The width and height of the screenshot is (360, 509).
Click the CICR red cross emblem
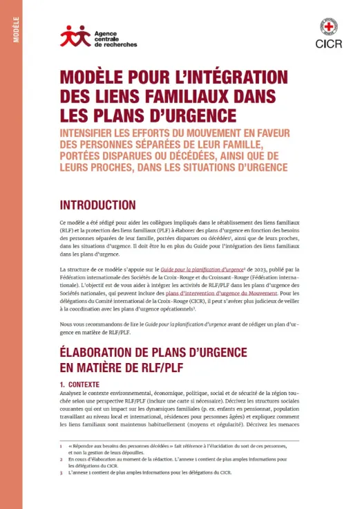tap(328, 27)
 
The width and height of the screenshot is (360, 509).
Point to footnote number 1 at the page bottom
tap(61, 447)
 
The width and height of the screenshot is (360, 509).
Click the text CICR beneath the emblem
tap(328, 44)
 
